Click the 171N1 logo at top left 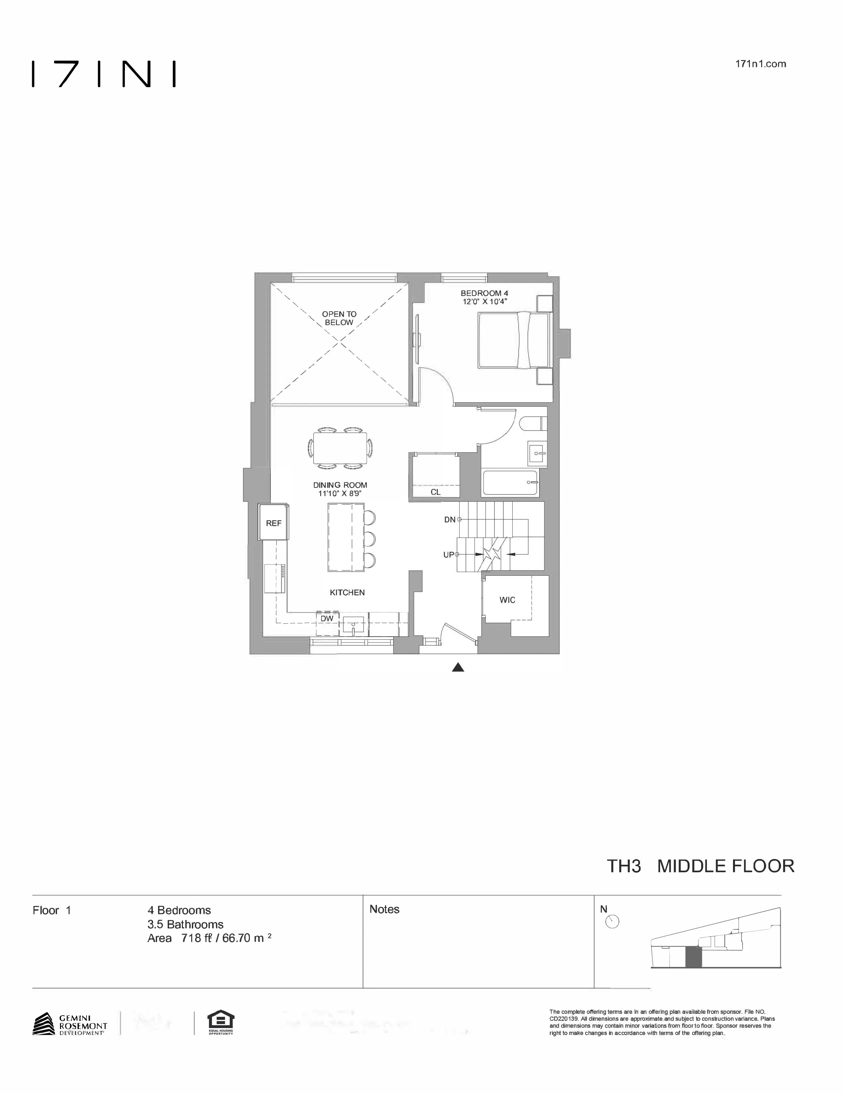[104, 74]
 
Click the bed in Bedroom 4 [513, 340]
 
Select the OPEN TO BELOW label [339, 318]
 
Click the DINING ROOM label [340, 485]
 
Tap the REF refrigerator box [273, 523]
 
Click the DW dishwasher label [327, 619]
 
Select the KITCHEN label [347, 593]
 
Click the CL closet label [435, 492]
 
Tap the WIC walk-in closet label [507, 600]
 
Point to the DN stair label [450, 520]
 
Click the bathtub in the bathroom [510, 483]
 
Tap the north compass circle [612, 921]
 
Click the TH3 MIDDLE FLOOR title [700, 866]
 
